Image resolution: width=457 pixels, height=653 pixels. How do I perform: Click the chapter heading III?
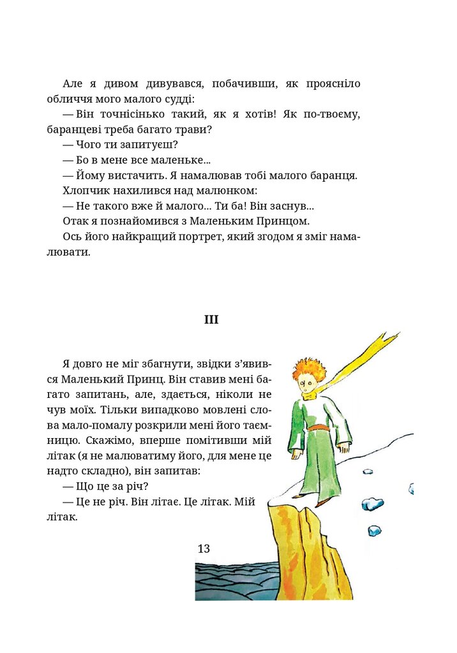[211, 319]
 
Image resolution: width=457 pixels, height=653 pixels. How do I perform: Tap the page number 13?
[204, 548]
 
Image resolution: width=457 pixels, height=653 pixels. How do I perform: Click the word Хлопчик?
[86, 191]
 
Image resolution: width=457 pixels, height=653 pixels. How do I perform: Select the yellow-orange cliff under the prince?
[313, 555]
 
